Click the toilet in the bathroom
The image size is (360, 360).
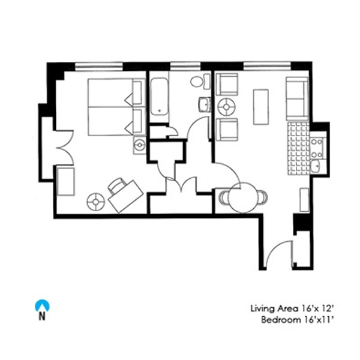200,81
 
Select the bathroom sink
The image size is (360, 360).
205,104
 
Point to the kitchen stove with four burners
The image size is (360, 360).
317,148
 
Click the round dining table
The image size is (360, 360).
243,197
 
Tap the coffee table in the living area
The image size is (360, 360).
260,107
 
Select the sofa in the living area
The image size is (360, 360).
297,98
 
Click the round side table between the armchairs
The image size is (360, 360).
226,107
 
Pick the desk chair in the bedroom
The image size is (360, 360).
118,185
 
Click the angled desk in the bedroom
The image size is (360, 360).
126,197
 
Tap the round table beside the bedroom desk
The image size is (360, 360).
96,202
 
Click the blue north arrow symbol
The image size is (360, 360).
42,305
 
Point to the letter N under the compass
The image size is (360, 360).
42,317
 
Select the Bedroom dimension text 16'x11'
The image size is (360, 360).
318,320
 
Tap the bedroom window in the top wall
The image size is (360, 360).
99,66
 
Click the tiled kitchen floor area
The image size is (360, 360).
298,148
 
